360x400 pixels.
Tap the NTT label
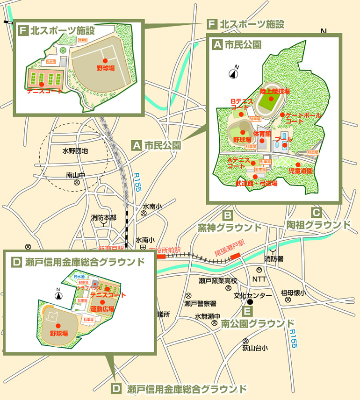tap(259, 279)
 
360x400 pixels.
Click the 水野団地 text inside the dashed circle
tap(75, 151)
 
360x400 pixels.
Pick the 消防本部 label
tap(104, 218)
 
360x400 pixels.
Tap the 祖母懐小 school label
tap(293, 293)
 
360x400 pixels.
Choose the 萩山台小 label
tap(255, 348)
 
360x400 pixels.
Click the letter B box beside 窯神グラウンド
tap(227, 216)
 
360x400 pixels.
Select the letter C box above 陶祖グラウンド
tap(317, 212)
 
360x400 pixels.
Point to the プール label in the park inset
tap(284, 139)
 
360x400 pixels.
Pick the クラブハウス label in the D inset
tap(88, 289)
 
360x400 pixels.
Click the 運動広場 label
tap(102, 309)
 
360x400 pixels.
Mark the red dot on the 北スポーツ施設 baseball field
tap(105, 60)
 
